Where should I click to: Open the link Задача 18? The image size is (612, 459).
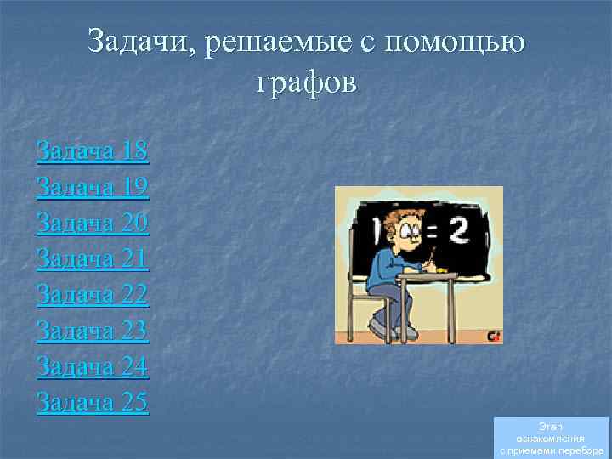click(93, 151)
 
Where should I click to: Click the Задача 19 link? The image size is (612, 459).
click(93, 187)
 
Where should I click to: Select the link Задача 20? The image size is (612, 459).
click(93, 223)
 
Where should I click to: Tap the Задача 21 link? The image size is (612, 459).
click(93, 258)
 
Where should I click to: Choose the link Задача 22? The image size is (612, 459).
click(93, 294)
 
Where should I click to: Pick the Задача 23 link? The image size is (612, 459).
click(93, 330)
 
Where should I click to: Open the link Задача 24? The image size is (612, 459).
click(93, 365)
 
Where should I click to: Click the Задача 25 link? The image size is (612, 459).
click(93, 401)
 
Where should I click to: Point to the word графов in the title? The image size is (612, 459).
click(306, 83)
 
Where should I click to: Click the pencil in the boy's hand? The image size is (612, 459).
click(431, 254)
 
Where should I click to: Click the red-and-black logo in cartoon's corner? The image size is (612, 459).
click(493, 337)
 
